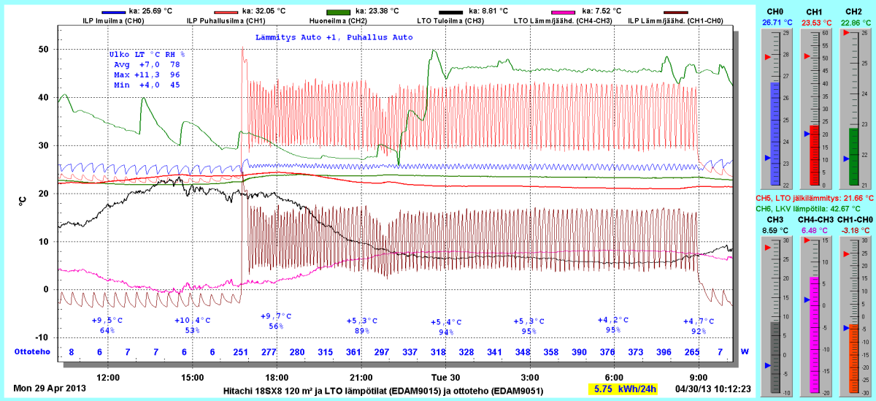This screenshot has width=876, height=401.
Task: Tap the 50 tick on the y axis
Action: pyautogui.click(x=43, y=50)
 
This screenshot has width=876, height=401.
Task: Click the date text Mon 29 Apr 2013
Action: pyautogui.click(x=50, y=389)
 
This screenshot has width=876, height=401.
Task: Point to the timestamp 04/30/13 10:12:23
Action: pyautogui.click(x=713, y=389)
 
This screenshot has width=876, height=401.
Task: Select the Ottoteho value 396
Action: pyautogui.click(x=664, y=352)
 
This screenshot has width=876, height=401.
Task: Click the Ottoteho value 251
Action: pyautogui.click(x=241, y=352)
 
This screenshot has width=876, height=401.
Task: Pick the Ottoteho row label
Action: pyautogui.click(x=32, y=352)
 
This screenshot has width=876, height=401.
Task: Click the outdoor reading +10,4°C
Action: pyautogui.click(x=192, y=320)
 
